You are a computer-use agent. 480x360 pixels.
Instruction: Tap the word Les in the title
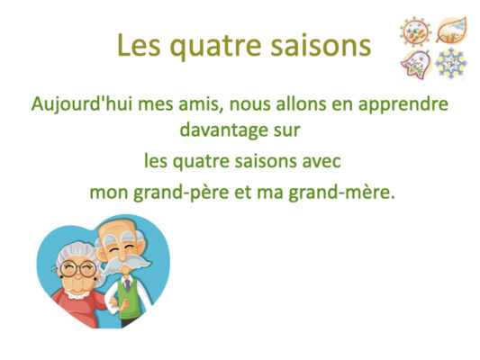(139, 45)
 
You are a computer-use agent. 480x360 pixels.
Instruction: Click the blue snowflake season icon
(451, 64)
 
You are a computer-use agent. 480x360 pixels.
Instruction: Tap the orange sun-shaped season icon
(416, 31)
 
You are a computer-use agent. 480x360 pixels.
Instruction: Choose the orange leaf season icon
(451, 30)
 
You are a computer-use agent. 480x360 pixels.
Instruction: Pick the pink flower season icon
(416, 65)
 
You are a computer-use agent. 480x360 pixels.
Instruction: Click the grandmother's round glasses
(78, 268)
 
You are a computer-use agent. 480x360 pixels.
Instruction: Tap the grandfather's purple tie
(127, 284)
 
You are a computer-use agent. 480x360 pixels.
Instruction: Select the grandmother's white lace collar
(77, 295)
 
